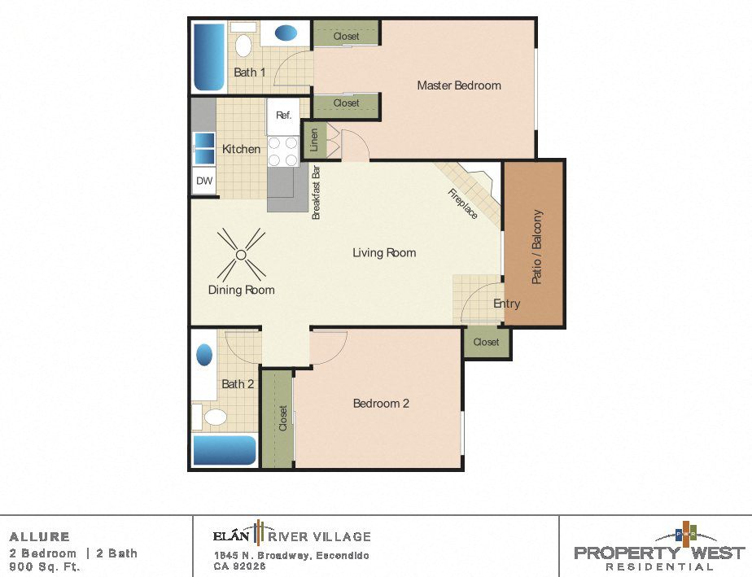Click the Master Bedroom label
(459, 85)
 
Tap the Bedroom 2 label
(381, 403)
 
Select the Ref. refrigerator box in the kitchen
(283, 116)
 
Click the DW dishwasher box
(203, 181)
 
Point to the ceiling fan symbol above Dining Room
(241, 254)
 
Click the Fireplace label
(463, 203)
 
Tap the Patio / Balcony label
(536, 247)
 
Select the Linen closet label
(313, 140)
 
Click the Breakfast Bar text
(317, 193)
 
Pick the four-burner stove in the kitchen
(282, 152)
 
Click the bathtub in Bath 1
(208, 57)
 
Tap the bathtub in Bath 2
(224, 450)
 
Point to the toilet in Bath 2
(214, 418)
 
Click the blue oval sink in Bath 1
(285, 33)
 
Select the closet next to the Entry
(486, 342)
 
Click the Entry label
(506, 304)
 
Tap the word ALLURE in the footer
(40, 537)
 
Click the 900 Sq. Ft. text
(45, 567)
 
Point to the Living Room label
(384, 253)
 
